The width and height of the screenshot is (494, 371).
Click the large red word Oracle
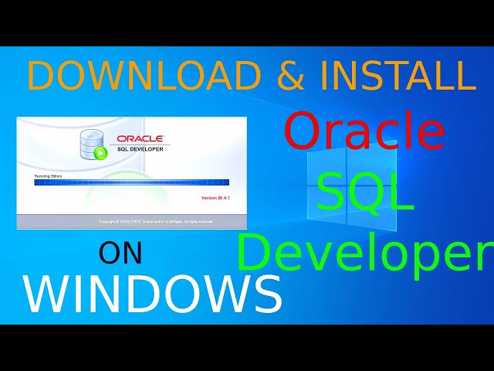tap(364, 131)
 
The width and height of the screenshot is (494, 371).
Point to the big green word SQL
tap(365, 193)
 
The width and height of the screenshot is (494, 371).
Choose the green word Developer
tap(364, 254)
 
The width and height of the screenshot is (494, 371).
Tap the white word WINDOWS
tap(152, 294)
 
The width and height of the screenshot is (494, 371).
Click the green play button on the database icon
tap(100, 152)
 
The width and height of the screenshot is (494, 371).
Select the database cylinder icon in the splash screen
tap(90, 142)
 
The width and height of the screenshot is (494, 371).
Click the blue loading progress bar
tap(132, 182)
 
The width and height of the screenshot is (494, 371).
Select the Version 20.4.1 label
tap(215, 198)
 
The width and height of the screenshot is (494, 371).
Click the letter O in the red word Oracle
tap(302, 131)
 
